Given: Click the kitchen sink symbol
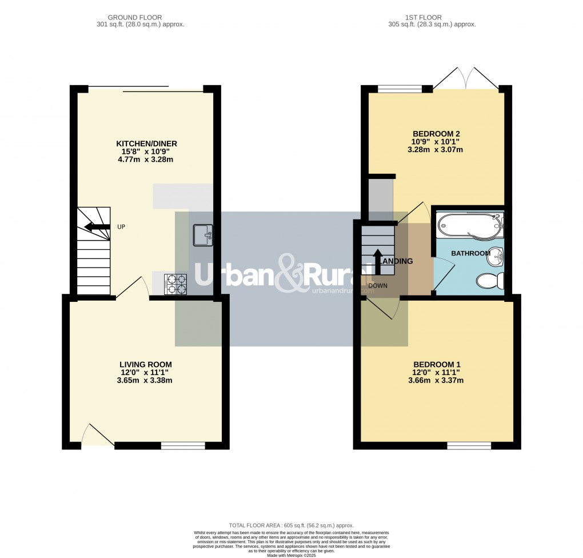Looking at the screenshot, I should (x=202, y=235).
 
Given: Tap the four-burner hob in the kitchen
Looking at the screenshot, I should (x=175, y=284).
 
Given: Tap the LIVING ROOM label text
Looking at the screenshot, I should (x=145, y=364).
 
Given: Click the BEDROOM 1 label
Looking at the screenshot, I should (x=437, y=364).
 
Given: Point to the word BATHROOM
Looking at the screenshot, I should (x=470, y=253).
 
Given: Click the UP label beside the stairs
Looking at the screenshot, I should (x=121, y=227).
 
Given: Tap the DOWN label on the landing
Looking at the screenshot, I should (x=378, y=285).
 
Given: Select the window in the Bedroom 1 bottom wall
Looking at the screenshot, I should (x=469, y=445).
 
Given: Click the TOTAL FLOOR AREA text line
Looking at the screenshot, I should (x=291, y=525).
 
